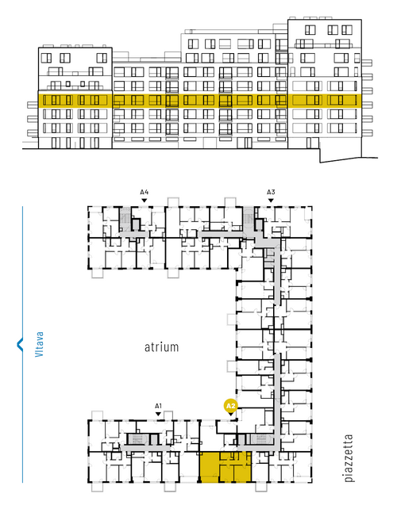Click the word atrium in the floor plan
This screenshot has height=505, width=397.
(x=161, y=347)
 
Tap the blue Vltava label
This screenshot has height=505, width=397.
(x=39, y=344)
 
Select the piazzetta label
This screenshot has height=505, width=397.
(x=349, y=458)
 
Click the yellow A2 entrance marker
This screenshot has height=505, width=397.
(x=230, y=406)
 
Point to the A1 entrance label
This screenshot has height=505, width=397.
(x=158, y=406)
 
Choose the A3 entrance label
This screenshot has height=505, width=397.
(x=271, y=193)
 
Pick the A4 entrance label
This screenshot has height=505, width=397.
(x=145, y=193)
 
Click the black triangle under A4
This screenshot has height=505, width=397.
(x=145, y=201)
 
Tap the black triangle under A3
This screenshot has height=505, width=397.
(x=271, y=201)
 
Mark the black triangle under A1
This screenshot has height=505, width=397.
(x=158, y=414)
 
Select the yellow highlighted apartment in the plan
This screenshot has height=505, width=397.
(x=225, y=467)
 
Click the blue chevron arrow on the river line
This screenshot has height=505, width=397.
(x=20, y=344)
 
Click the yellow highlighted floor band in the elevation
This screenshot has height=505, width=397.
(x=199, y=101)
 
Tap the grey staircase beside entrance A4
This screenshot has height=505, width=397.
(x=125, y=219)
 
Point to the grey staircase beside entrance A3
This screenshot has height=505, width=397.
(x=249, y=219)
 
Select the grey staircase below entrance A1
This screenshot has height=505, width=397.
(x=137, y=439)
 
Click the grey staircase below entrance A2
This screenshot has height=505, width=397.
(x=260, y=439)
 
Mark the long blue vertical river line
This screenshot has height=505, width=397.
(x=22, y=344)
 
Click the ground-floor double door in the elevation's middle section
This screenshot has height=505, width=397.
(x=248, y=143)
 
